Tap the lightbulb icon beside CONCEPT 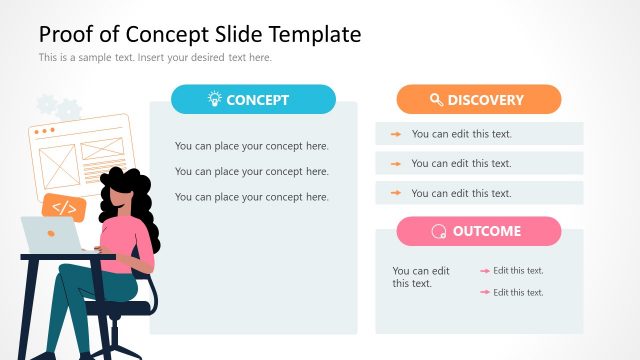tap(214, 99)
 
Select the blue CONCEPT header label tap(257, 100)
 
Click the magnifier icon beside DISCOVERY tap(436, 100)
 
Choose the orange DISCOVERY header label tap(485, 100)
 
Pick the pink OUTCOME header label tap(486, 231)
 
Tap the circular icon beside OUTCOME tap(438, 232)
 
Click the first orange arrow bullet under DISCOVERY tap(396, 134)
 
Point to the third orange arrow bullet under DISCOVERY tap(396, 193)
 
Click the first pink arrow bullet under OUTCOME tap(485, 270)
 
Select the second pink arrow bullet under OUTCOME tap(485, 292)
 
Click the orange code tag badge tap(64, 208)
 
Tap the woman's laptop tap(50, 236)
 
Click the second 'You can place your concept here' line tap(252, 171)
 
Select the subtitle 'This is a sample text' tap(155, 57)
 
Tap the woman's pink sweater tap(123, 240)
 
